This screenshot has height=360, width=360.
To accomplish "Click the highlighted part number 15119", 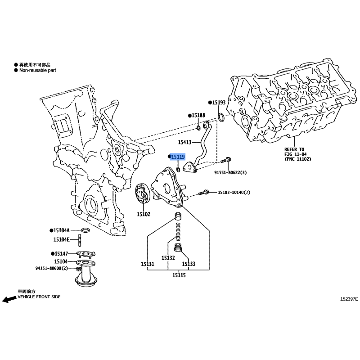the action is pyautogui.click(x=178, y=157).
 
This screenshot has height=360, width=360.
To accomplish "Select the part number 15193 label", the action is pyautogui.click(x=219, y=103).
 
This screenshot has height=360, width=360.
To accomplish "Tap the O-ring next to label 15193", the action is pyautogui.click(x=221, y=117).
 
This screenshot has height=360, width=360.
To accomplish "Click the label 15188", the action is pyautogui.click(x=198, y=115).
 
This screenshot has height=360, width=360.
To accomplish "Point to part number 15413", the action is pyautogui.click(x=184, y=142).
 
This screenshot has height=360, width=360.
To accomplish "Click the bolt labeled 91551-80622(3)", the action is pyautogui.click(x=225, y=160).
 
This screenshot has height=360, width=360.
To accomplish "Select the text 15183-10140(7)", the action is pyautogui.click(x=234, y=192).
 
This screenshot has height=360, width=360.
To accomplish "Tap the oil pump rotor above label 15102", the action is pyautogui.click(x=143, y=193).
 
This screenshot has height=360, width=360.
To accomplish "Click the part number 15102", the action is pyautogui.click(x=144, y=214).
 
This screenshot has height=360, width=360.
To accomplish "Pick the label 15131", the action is pyautogui.click(x=148, y=264).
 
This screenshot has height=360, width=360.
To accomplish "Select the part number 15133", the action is pyautogui.click(x=189, y=264).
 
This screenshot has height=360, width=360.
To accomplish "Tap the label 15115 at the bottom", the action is pyautogui.click(x=179, y=275).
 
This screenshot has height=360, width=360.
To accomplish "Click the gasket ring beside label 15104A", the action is pyautogui.click(x=85, y=230).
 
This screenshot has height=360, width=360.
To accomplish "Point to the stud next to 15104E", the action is pyautogui.click(x=80, y=240).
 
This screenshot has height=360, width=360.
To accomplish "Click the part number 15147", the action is pyautogui.click(x=61, y=254).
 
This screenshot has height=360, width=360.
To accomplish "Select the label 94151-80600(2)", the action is pyautogui.click(x=51, y=268).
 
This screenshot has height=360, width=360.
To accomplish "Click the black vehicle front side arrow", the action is pyautogui.click(x=9, y=299).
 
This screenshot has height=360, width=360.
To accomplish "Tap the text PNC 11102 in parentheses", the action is pyautogui.click(x=298, y=159).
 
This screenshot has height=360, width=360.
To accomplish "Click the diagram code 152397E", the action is pyautogui.click(x=349, y=299).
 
